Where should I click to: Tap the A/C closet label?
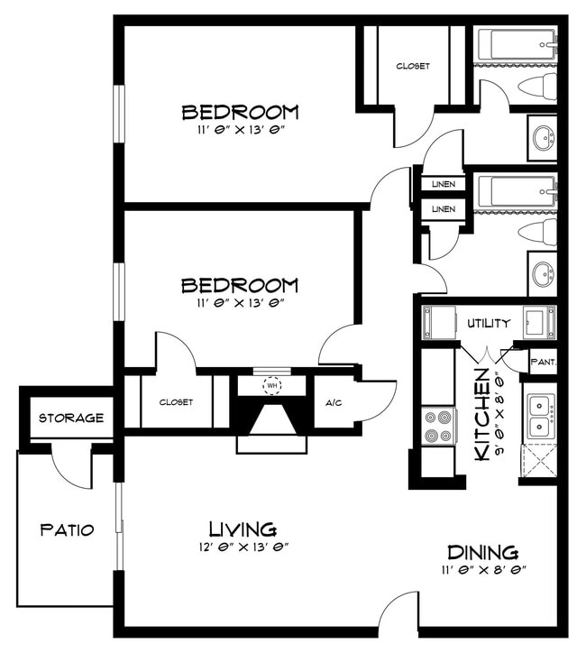click(333, 402)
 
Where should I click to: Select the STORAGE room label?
click(71, 418)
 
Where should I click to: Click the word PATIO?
click(67, 530)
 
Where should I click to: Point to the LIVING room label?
click(243, 529)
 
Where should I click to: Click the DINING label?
click(482, 552)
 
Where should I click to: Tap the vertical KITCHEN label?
click(483, 415)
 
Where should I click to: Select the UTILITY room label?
click(489, 323)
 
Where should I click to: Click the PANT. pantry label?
click(543, 363)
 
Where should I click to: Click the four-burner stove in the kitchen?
click(439, 427)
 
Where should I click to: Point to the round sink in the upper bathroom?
click(543, 138)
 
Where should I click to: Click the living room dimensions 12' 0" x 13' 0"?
click(243, 547)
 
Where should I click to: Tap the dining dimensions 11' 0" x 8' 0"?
click(483, 570)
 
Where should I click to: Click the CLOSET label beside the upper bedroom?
click(413, 66)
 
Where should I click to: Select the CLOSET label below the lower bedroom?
click(178, 402)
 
